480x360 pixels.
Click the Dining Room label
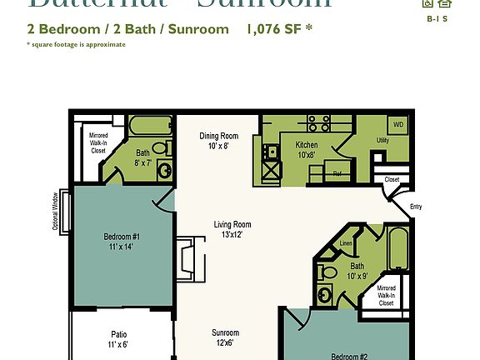point(218,140)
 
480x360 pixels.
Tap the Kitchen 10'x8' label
point(306,149)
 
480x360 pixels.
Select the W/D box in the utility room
point(397,124)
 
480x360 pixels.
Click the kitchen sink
point(271,152)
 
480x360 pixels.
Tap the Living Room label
point(232,229)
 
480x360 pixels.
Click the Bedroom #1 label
point(122,241)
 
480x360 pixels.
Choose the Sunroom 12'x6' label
point(225,337)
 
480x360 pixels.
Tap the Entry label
point(416,207)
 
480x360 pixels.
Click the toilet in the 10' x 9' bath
point(327,272)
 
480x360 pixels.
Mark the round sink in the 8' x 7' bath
point(165,172)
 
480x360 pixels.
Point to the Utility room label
point(382,141)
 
